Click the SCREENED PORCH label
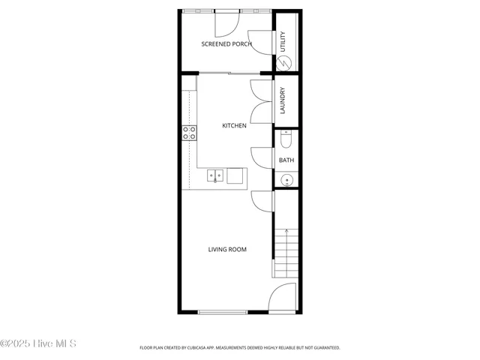coord(226,44)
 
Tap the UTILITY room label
coord(283,41)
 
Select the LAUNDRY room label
coord(283,100)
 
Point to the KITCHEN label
coord(234,126)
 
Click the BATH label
coord(286,160)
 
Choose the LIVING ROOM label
coord(227,250)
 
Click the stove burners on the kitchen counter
coord(189,133)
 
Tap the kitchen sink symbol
coord(215,175)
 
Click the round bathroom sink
coord(286,180)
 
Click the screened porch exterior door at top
coord(227,23)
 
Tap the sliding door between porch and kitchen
coord(228,73)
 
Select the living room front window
coord(223,312)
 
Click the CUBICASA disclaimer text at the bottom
coord(240,348)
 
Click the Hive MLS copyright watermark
coord(37,344)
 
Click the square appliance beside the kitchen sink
coord(235,175)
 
